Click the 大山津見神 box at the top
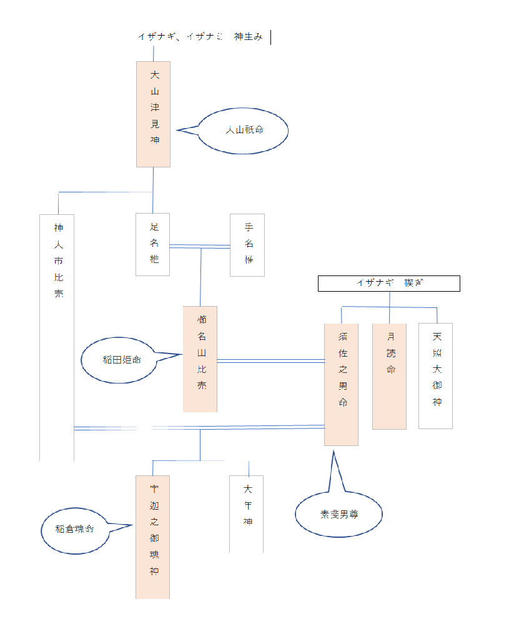pyautogui.click(x=153, y=114)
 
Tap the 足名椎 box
pyautogui.click(x=153, y=244)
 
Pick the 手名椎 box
pyautogui.click(x=247, y=244)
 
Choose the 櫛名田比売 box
pyautogui.click(x=200, y=359)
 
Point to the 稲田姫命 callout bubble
pyautogui.click(x=119, y=360)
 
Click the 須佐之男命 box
pyautogui.click(x=341, y=384)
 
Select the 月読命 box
pyautogui.click(x=389, y=375)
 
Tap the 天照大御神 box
pyautogui.click(x=435, y=375)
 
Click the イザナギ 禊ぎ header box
pyautogui.click(x=388, y=284)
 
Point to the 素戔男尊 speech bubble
pyautogui.click(x=339, y=514)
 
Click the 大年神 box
pyautogui.click(x=246, y=514)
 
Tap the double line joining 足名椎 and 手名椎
pyautogui.click(x=200, y=246)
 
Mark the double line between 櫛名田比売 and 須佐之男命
pyautogui.click(x=270, y=361)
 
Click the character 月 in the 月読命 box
pyautogui.click(x=390, y=336)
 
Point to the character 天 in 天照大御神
pyautogui.click(x=436, y=336)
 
